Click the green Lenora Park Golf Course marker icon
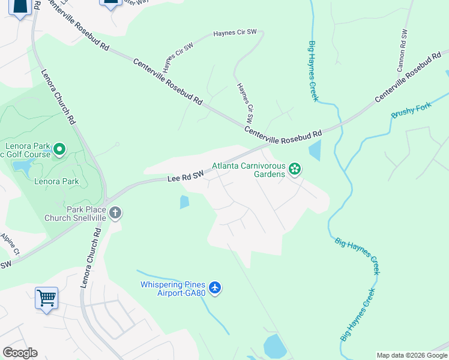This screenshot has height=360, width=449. (59, 149)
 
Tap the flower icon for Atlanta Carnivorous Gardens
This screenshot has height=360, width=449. (294, 169)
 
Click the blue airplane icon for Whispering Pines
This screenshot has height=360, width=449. (215, 289)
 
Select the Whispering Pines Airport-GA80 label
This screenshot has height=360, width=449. (173, 289)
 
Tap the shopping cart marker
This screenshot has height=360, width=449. (46, 298)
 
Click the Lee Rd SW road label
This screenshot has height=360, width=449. (185, 176)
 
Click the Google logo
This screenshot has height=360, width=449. (19, 353)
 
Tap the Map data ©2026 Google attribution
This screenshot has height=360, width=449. (412, 355)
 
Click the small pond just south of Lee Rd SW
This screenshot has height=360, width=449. (184, 202)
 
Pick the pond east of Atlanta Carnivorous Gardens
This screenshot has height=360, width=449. (315, 150)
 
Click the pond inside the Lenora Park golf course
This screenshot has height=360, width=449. (22, 166)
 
